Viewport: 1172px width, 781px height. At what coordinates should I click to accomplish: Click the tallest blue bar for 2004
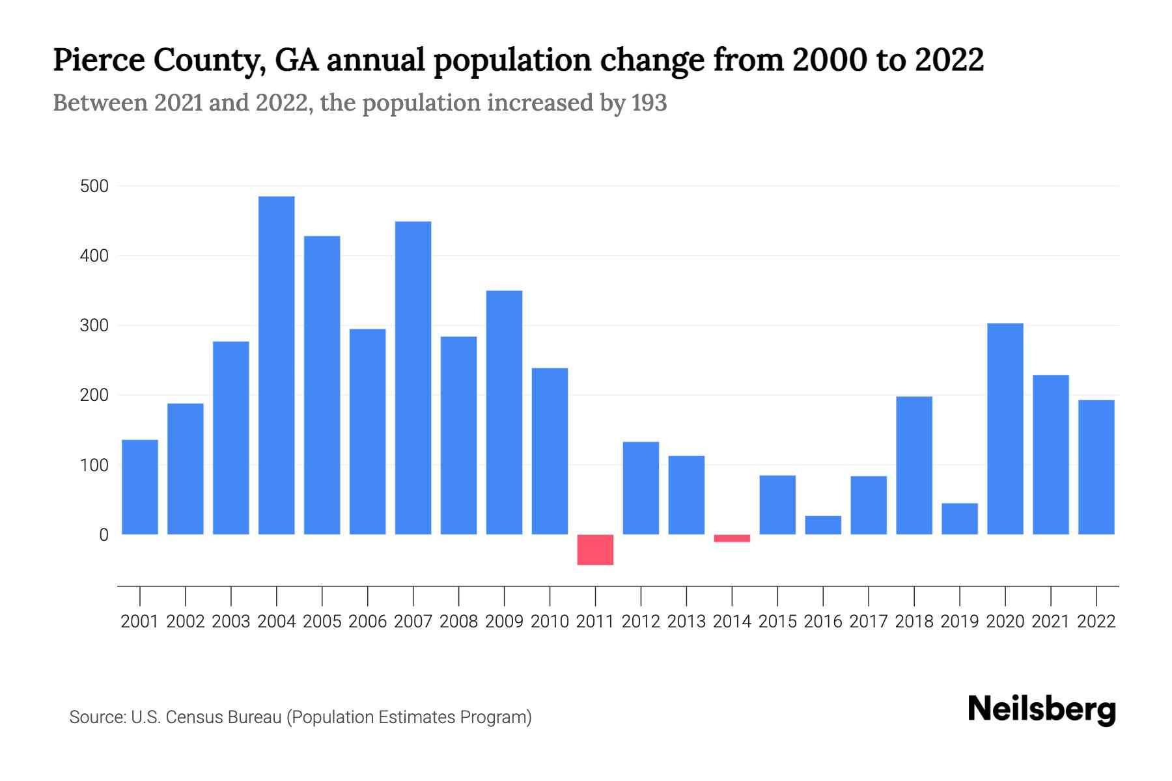tap(276, 364)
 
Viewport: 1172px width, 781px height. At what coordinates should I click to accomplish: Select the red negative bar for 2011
tap(595, 549)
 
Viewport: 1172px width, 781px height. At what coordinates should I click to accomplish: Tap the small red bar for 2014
tap(732, 538)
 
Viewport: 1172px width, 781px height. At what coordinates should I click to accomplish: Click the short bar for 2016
tap(823, 525)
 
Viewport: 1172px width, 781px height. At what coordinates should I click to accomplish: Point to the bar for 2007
tap(413, 377)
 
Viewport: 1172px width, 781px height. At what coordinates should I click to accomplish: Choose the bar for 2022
tap(1096, 467)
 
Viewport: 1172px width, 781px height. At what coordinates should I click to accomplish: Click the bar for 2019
tap(959, 519)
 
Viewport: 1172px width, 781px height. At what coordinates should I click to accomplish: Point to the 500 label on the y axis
tap(94, 187)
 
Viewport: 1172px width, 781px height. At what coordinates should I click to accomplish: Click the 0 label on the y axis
tap(104, 535)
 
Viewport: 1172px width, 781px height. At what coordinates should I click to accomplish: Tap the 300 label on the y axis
tap(94, 325)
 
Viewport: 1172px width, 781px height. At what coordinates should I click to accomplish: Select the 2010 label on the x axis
tap(550, 622)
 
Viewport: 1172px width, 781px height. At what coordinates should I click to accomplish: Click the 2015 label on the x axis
tap(777, 622)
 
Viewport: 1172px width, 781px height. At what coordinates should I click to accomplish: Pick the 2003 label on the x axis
tap(231, 622)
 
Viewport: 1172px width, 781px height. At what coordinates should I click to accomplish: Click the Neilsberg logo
tap(1041, 709)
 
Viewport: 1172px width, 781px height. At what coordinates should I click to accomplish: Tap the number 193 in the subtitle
tap(649, 103)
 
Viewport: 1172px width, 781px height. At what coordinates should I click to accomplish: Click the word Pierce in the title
tap(98, 60)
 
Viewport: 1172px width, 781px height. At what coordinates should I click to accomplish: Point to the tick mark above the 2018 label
tap(914, 595)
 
